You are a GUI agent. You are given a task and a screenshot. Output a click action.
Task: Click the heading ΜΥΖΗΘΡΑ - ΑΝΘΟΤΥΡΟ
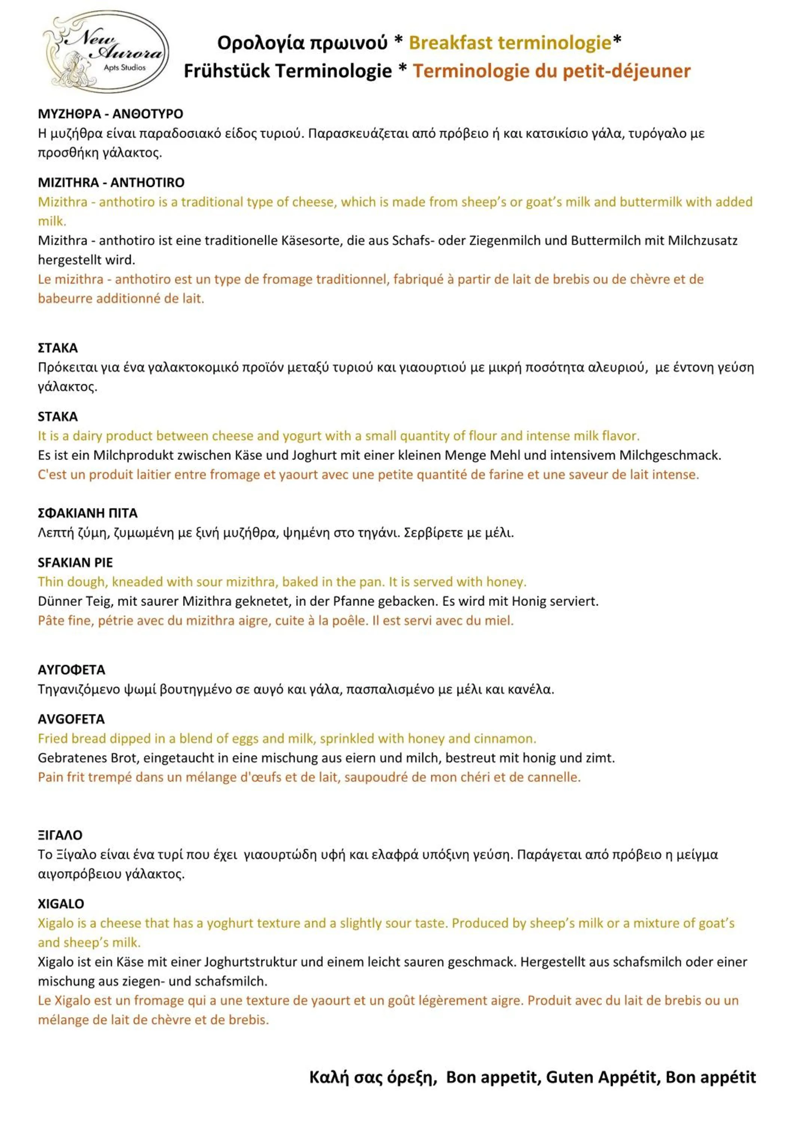click(x=110, y=114)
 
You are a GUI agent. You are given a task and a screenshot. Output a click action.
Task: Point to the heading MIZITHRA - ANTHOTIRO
click(x=111, y=182)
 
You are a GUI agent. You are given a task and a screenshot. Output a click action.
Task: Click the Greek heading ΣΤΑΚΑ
click(x=58, y=348)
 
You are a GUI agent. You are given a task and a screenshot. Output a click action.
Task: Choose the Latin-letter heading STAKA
click(x=58, y=416)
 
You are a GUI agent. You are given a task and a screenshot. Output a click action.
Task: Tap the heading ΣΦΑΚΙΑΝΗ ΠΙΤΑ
click(x=88, y=513)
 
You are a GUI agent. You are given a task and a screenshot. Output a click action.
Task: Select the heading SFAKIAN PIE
click(x=75, y=563)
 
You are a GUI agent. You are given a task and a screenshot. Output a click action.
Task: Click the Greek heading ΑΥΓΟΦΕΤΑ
click(x=71, y=670)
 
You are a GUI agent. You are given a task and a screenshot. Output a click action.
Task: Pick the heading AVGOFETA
click(x=71, y=719)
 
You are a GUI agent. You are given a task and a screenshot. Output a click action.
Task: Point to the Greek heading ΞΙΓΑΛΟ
click(x=60, y=835)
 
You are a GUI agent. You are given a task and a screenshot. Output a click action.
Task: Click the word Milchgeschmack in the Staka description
click(x=670, y=455)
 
